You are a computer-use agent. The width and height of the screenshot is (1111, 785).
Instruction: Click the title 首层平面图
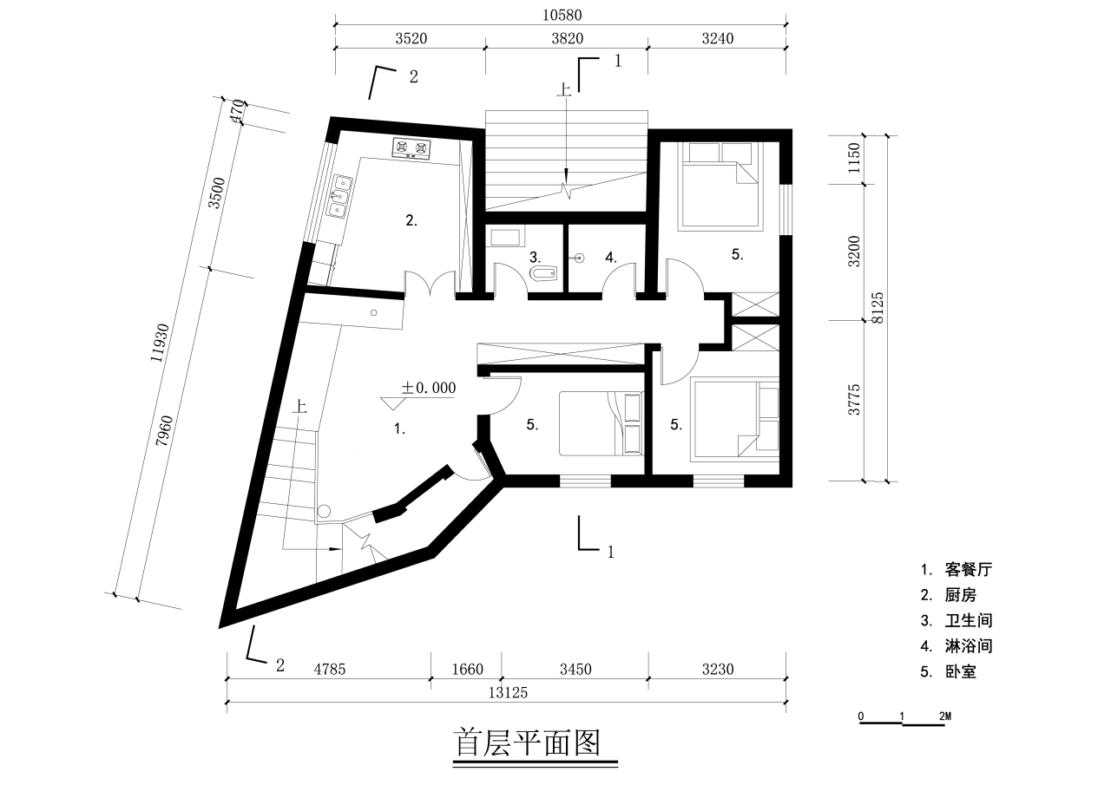click(x=527, y=742)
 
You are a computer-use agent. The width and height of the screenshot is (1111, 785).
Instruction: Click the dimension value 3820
click(x=566, y=38)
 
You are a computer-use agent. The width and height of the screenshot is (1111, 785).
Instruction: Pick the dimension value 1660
click(x=466, y=669)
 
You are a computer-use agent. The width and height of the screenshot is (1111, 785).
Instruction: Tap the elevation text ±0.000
click(x=428, y=388)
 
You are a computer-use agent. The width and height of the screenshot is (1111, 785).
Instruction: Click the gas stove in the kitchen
click(x=411, y=149)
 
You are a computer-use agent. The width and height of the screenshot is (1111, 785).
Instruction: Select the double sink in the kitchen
click(x=339, y=195)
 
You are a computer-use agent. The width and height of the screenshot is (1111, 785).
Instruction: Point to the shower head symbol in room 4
click(x=579, y=258)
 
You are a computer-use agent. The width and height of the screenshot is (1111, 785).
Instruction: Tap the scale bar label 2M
click(x=945, y=716)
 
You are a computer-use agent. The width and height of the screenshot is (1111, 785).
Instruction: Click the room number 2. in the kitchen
click(x=411, y=220)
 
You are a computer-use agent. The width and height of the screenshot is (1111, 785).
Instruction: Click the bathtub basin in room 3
click(x=505, y=237)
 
